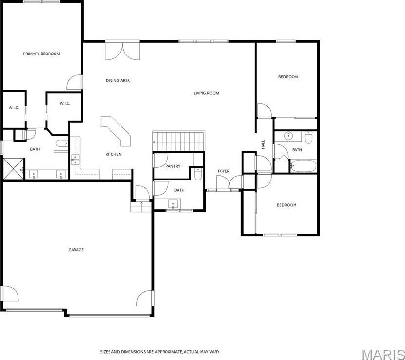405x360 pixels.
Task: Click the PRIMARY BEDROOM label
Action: click(41, 54)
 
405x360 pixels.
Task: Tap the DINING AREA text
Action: click(118, 81)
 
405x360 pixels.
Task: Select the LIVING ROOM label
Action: click(206, 93)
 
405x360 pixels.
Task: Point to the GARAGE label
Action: click(76, 250)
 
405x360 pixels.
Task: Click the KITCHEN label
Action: click(113, 154)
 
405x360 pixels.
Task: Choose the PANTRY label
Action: click(173, 166)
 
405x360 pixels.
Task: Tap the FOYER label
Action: click(223, 171)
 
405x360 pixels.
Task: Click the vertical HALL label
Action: click(263, 144)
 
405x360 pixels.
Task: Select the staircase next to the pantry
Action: click(179, 141)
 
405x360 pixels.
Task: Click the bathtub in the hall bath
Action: click(303, 166)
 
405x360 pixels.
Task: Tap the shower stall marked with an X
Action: click(13, 169)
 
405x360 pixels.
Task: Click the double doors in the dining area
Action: click(122, 51)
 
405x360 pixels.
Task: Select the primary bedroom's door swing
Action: click(74, 82)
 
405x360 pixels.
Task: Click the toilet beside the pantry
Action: click(198, 175)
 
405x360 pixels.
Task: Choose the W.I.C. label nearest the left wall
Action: click(14, 108)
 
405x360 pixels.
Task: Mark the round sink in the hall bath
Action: click(288, 135)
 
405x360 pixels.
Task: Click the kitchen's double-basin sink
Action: click(75, 160)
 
